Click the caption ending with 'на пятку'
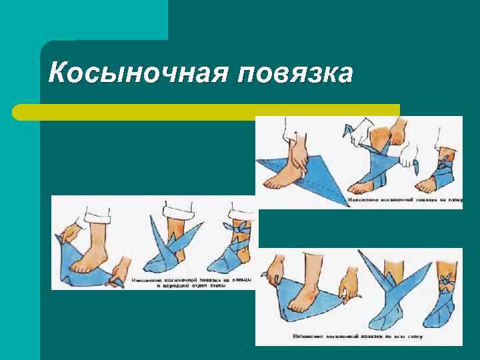(404, 199)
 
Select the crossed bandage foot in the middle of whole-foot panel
(387, 307)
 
